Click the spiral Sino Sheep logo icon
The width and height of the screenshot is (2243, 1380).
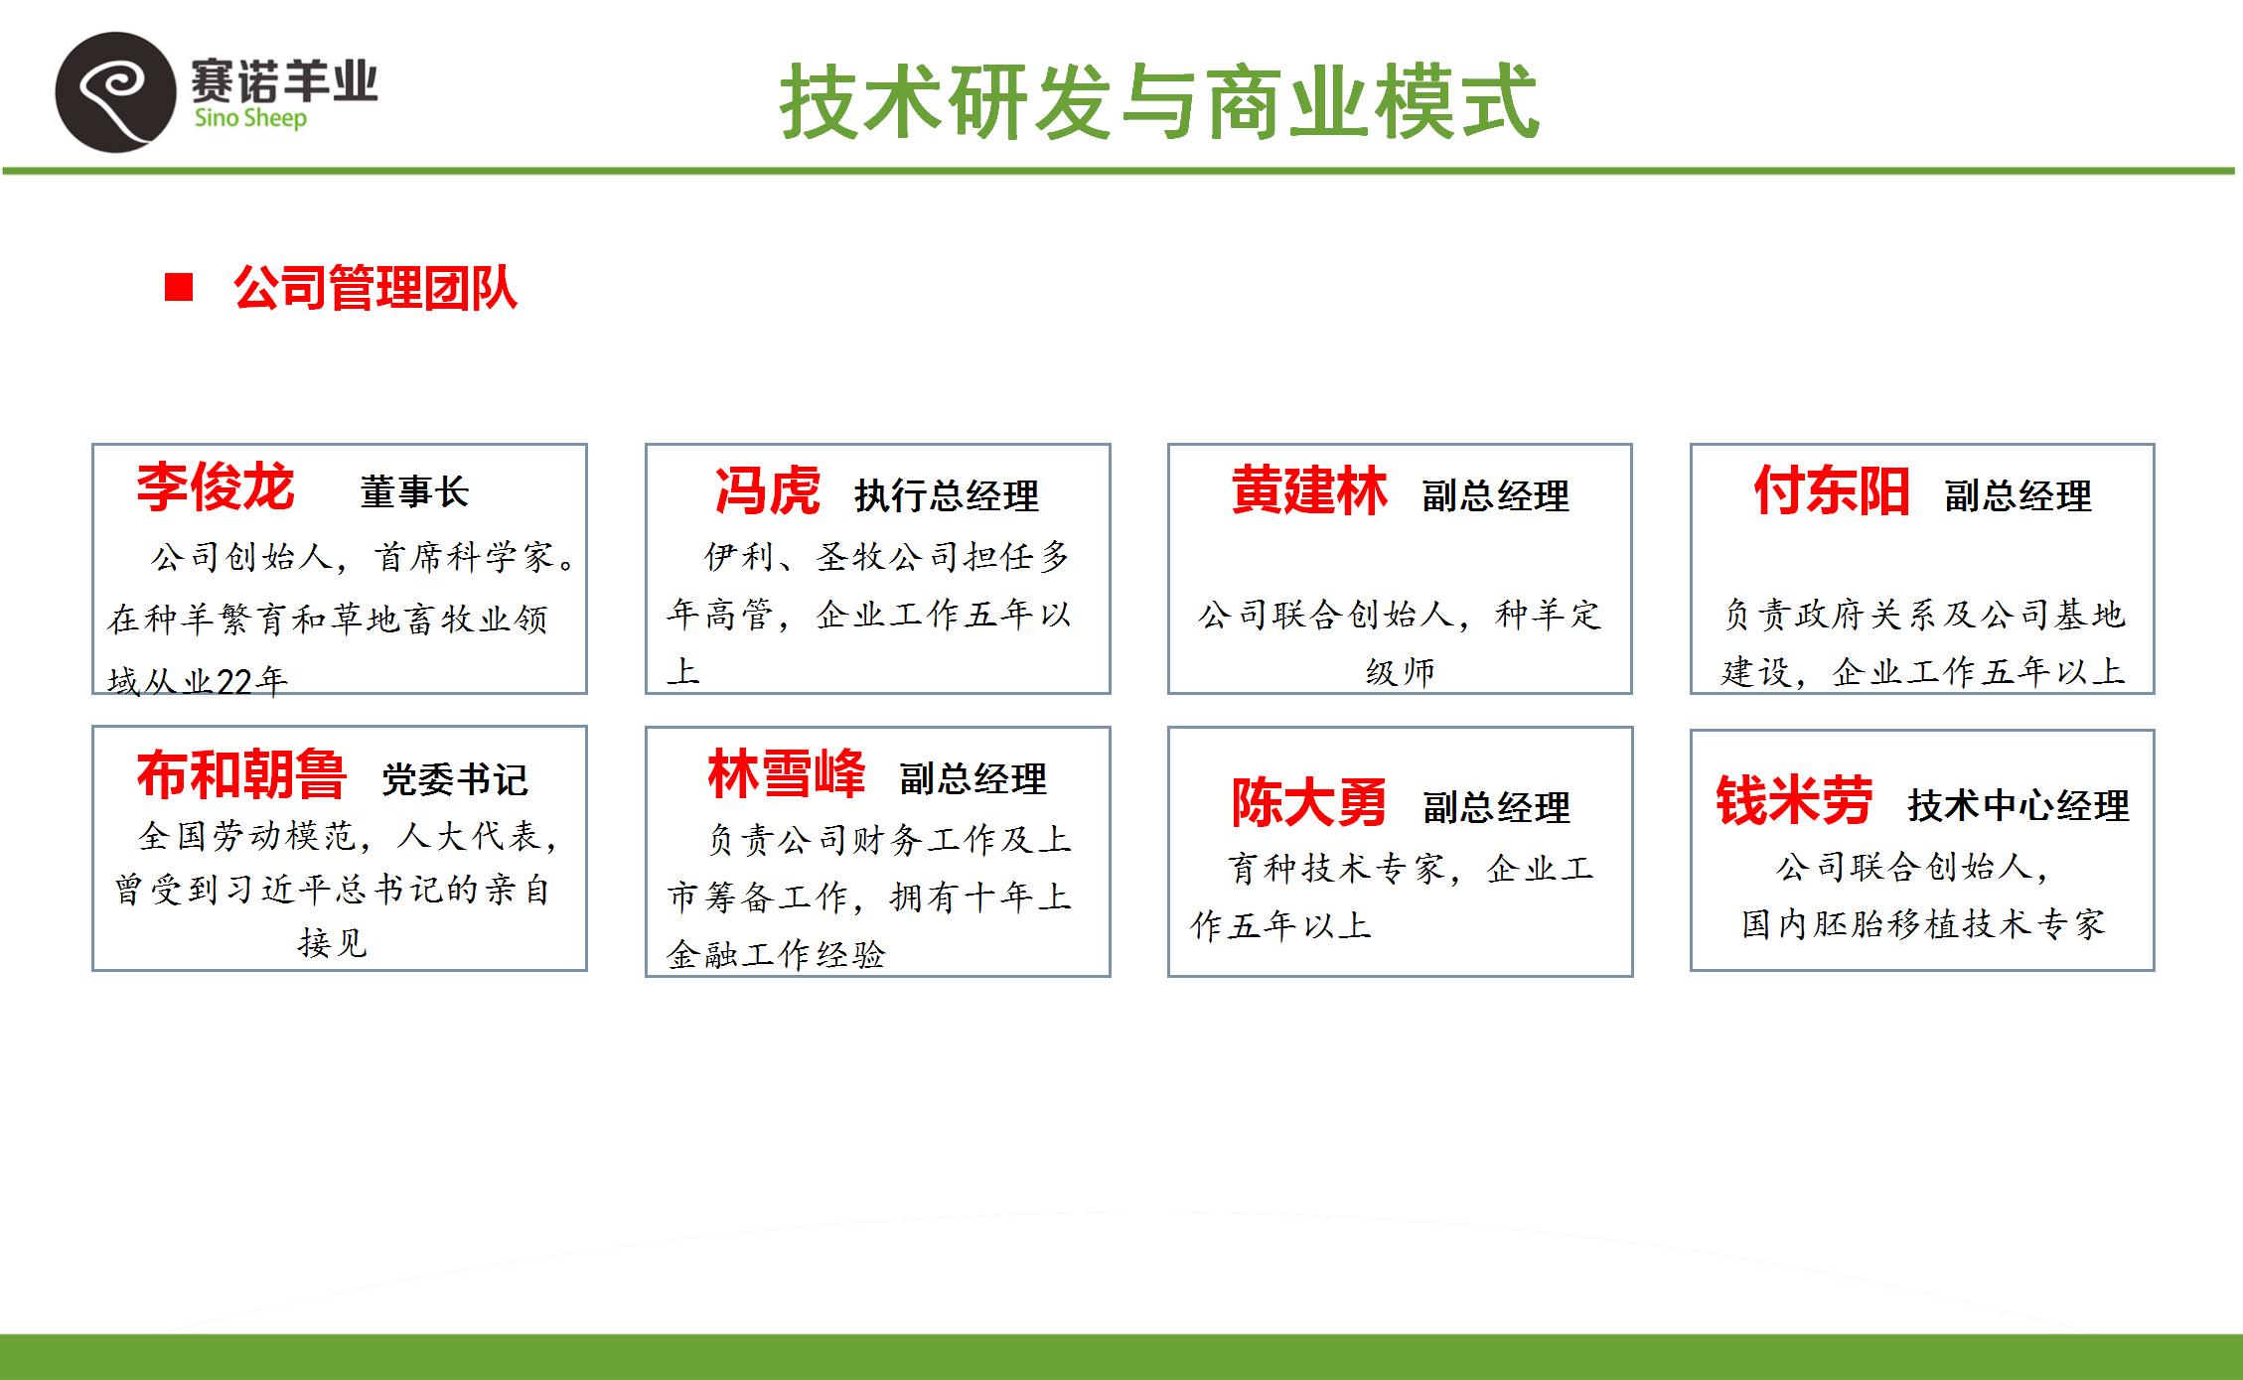point(114,91)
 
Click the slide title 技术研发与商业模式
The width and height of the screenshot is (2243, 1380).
point(1159,101)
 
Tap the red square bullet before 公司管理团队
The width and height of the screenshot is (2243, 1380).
point(179,288)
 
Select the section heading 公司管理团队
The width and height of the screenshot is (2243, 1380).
point(375,289)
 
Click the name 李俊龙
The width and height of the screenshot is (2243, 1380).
point(216,486)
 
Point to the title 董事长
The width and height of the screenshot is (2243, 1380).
point(414,491)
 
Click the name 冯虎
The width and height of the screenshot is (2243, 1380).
point(768,490)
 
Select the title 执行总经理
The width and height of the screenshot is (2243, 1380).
point(947,495)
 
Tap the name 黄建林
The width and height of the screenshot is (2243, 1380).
point(1309,490)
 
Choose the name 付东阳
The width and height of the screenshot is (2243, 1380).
point(1832,490)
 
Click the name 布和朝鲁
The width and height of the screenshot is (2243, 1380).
point(241,774)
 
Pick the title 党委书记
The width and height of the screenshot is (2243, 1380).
point(455,780)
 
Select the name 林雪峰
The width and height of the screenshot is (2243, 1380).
point(787,773)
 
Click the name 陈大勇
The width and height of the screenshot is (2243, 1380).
point(1309,802)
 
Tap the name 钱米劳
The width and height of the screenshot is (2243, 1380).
point(1794,800)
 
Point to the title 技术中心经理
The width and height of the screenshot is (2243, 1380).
point(2019,805)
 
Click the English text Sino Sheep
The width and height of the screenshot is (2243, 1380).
point(250,118)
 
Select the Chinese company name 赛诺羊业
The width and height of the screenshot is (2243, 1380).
point(284,79)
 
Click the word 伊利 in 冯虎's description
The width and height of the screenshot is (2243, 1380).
point(740,556)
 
